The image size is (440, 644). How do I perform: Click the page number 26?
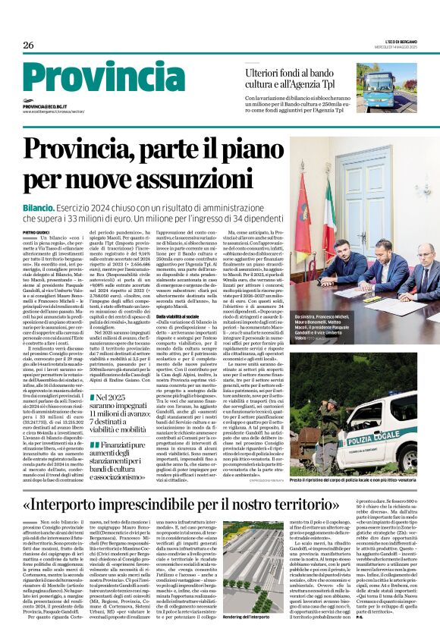(x=29, y=46)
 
